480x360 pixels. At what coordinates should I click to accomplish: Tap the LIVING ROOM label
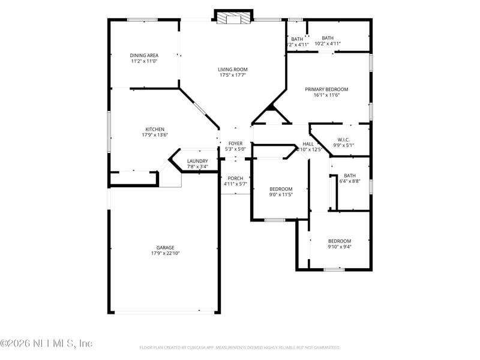(232, 70)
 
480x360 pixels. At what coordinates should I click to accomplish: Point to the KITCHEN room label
(154, 130)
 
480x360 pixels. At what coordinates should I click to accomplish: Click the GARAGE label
(166, 248)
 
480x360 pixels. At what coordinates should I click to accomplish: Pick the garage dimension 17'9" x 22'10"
(166, 254)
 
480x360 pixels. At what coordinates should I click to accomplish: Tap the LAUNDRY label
(197, 161)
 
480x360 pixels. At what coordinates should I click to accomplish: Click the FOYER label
(235, 143)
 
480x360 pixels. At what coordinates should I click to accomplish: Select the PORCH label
(235, 178)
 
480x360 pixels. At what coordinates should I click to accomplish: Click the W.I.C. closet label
(344, 139)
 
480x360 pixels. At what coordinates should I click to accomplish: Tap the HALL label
(308, 144)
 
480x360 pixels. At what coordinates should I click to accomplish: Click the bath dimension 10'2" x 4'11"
(328, 44)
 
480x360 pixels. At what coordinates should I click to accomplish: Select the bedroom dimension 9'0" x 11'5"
(280, 195)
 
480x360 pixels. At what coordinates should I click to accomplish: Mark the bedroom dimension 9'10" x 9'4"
(339, 247)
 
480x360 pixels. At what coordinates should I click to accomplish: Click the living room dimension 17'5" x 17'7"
(232, 76)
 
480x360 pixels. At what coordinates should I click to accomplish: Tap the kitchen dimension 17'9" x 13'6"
(154, 136)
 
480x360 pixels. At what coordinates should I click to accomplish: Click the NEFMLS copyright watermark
(46, 344)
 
